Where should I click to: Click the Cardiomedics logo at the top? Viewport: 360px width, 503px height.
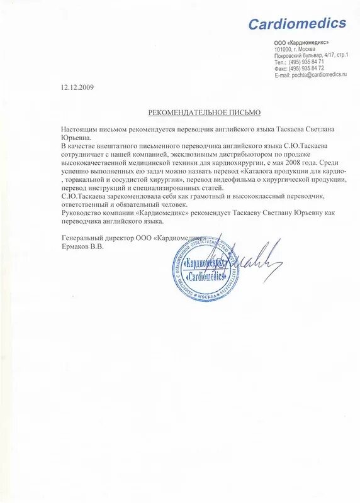click(x=297, y=24)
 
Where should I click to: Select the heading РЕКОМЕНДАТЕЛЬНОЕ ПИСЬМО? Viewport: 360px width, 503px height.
click(x=204, y=112)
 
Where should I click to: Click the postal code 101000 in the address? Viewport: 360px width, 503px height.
click(x=284, y=49)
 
